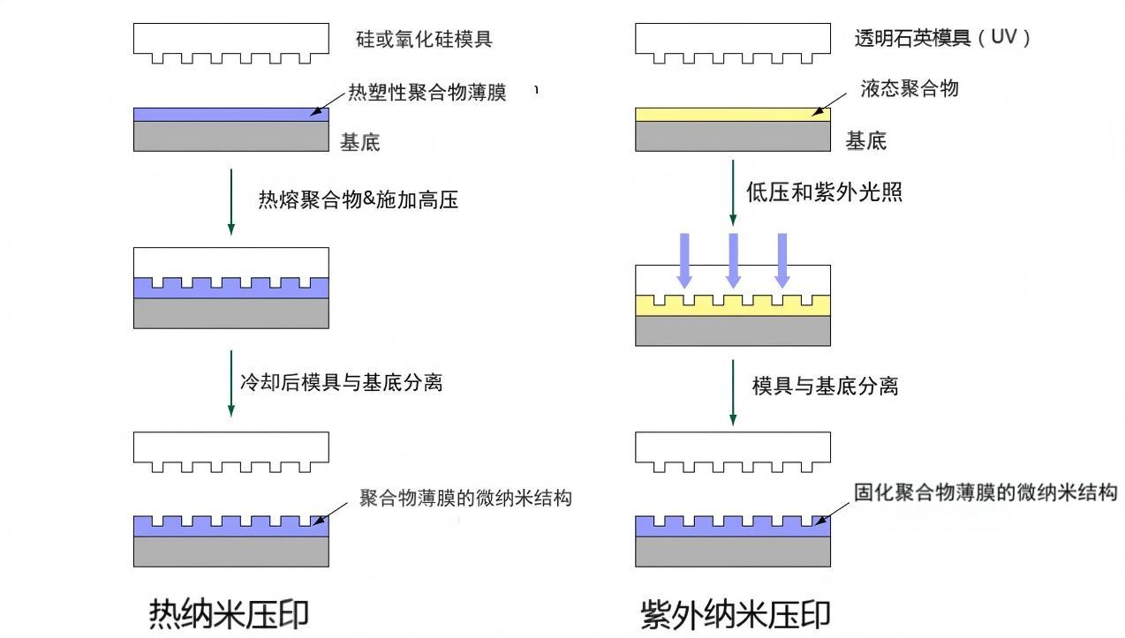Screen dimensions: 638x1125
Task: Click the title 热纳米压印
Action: (230, 612)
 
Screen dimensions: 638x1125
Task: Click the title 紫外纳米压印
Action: (735, 614)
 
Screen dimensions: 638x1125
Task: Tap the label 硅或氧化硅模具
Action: (424, 40)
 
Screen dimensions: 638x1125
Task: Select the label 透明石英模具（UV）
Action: (942, 39)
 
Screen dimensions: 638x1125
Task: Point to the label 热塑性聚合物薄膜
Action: (427, 93)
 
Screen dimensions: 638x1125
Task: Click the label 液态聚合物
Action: (909, 88)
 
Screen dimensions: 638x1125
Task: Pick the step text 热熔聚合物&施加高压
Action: (358, 200)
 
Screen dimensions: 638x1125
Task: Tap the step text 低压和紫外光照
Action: (824, 192)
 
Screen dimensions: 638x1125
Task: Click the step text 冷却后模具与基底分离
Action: (341, 382)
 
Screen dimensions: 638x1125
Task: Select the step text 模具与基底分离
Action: (825, 386)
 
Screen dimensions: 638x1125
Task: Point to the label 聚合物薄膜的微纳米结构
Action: (465, 499)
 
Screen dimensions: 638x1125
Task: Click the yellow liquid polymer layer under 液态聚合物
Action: (732, 114)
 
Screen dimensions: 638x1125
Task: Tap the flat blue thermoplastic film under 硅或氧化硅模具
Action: (230, 114)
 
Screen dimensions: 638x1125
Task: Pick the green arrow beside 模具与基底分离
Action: (733, 391)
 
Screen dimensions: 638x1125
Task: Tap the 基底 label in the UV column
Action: (865, 141)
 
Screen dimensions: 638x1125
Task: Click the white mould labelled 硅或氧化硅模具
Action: (230, 40)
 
